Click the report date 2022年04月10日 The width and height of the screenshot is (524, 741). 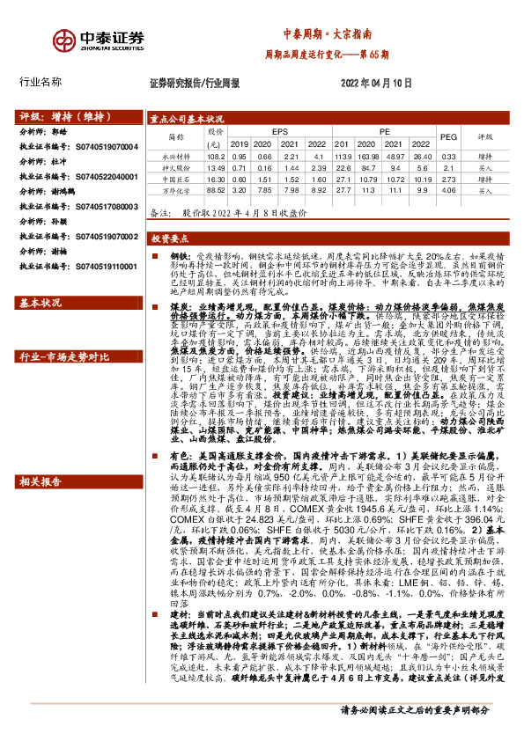tap(375, 83)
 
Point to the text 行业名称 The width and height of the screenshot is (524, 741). tap(41, 82)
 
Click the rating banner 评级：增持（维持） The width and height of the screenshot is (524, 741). tap(70, 116)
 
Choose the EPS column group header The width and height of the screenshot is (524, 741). tap(279, 131)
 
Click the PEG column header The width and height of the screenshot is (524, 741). tap(448, 137)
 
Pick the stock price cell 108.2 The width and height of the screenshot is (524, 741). tap(213, 157)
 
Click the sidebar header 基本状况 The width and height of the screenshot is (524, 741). tap(41, 304)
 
